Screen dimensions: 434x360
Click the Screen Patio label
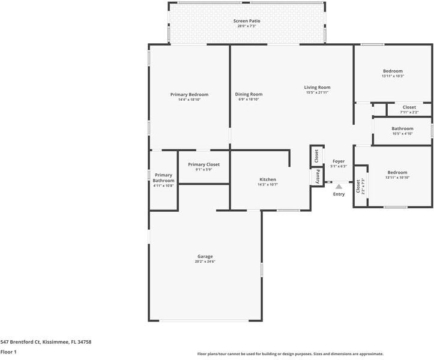(x=247, y=21)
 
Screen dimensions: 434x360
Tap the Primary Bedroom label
(x=189, y=95)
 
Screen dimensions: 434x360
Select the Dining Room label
(x=249, y=94)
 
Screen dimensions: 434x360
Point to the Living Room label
(x=317, y=88)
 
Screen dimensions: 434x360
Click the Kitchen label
(x=268, y=179)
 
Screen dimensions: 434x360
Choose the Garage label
(x=205, y=257)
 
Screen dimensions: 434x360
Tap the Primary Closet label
(x=204, y=164)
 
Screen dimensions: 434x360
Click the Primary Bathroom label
(x=164, y=178)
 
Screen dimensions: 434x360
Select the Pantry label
(x=318, y=176)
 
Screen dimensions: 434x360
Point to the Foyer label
(x=339, y=161)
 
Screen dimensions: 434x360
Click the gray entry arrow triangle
(x=339, y=187)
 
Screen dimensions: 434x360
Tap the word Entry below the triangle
(x=339, y=194)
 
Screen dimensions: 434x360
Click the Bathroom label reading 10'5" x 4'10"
(x=402, y=128)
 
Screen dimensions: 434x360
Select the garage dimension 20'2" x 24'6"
(x=205, y=262)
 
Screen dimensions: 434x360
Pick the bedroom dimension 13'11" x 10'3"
(x=393, y=76)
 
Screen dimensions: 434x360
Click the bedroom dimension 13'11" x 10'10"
(x=397, y=178)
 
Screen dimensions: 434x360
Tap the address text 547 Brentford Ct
(x=21, y=342)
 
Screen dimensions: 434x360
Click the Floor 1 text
(x=8, y=352)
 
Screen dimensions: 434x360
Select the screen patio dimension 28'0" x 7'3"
(x=247, y=26)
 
